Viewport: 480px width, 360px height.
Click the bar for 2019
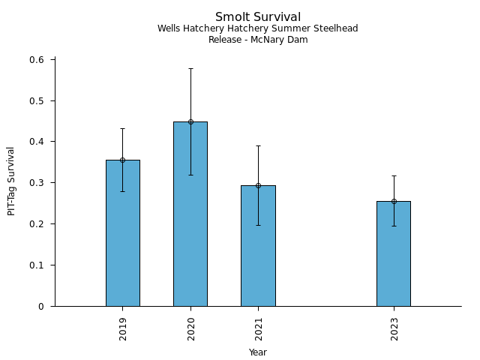[x=122, y=232]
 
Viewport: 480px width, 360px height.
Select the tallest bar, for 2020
[x=190, y=214]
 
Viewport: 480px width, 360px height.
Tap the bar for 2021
[x=258, y=245]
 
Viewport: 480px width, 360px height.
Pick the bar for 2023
[x=394, y=253]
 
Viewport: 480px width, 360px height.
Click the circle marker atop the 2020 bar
[x=190, y=121]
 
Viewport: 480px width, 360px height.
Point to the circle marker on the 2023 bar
[x=394, y=201]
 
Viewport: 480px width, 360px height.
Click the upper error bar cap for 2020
[x=190, y=68]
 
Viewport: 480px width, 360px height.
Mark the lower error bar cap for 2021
[x=258, y=225]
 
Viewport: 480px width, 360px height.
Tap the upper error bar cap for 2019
[x=122, y=128]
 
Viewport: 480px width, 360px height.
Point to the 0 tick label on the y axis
[x=42, y=306]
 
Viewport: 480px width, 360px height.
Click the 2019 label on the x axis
[x=122, y=328]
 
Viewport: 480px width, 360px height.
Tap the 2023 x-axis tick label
[x=394, y=328]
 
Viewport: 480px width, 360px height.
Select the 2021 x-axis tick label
[x=258, y=328]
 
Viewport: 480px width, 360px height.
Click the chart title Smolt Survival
[x=258, y=17]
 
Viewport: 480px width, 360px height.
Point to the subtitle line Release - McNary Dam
[x=258, y=40]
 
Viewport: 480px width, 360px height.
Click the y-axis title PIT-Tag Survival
[x=11, y=181]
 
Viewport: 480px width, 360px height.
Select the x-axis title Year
[x=258, y=352]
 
